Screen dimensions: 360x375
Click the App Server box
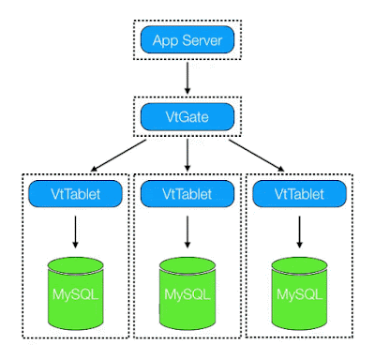[x=187, y=41]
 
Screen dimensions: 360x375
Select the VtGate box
[x=187, y=118]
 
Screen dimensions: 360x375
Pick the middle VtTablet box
[x=187, y=195]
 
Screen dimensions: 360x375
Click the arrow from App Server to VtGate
[x=187, y=79]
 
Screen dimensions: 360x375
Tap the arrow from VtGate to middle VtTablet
[x=187, y=156]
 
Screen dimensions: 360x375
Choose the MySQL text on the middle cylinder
[x=187, y=296]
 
